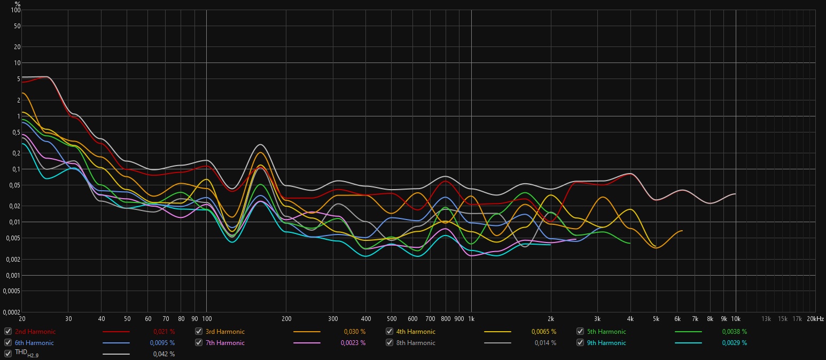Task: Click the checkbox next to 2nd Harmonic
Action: click(7, 332)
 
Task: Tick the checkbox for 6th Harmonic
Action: click(7, 343)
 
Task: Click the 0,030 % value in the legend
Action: click(355, 332)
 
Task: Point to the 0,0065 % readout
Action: click(544, 332)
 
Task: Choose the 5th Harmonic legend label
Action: click(606, 332)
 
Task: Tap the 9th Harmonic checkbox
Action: click(580, 343)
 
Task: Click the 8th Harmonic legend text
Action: click(416, 343)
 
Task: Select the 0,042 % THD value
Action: click(164, 354)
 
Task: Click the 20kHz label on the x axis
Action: click(815, 319)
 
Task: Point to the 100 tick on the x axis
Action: click(206, 319)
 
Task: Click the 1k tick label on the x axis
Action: click(471, 319)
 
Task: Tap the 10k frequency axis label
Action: click(736, 319)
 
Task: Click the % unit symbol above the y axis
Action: click(18, 4)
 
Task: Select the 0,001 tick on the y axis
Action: click(12, 276)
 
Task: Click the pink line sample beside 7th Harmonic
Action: click(307, 343)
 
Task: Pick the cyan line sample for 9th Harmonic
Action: click(688, 343)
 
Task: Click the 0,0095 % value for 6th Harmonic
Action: click(162, 343)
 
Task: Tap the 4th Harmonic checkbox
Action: click(389, 332)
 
